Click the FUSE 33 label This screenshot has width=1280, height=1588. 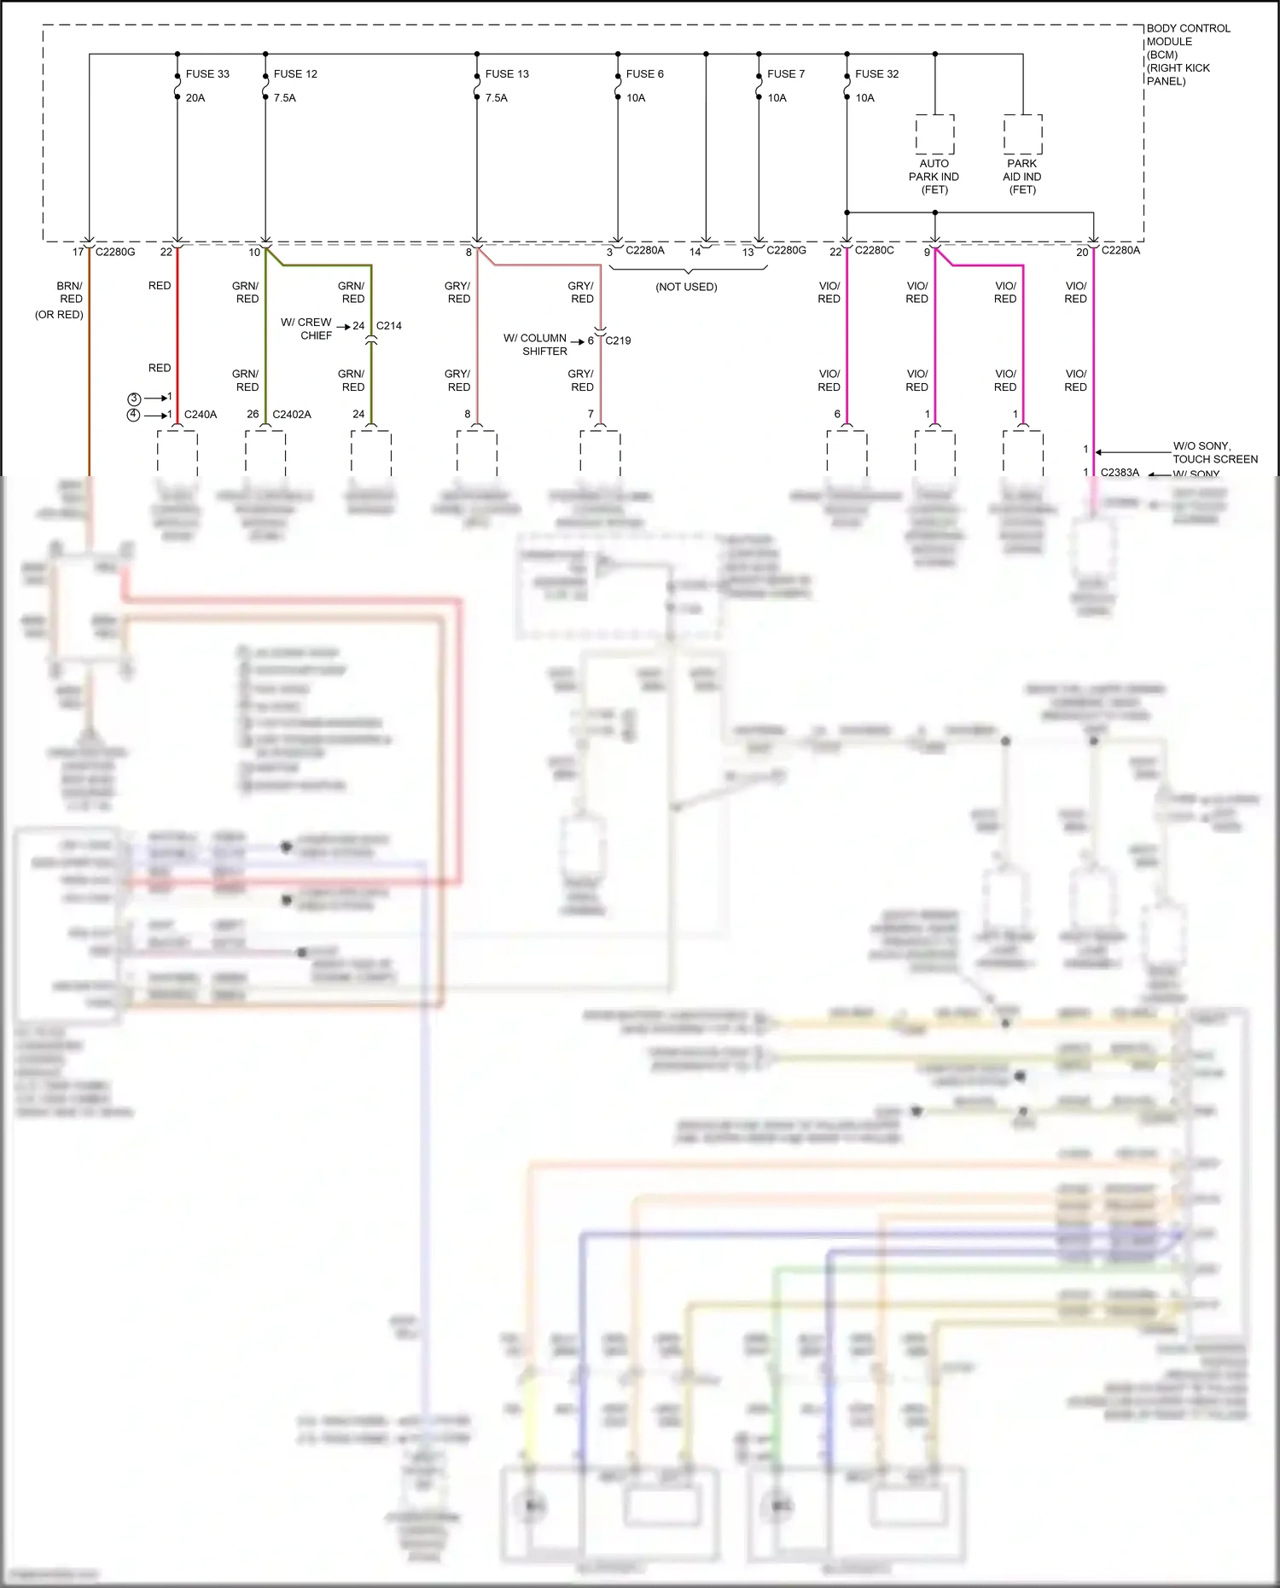coord(207,74)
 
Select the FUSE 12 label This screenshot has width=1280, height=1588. coord(295,74)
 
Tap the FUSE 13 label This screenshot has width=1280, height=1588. coord(507,74)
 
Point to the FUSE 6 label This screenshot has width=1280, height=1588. coord(644,74)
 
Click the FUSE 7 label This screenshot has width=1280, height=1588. coord(785,74)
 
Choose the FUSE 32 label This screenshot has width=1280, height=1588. coord(876,74)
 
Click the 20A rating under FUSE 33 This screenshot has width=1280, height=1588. coord(195,98)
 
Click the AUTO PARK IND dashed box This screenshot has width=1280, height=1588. coord(934,134)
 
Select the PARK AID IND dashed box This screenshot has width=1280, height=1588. coord(1022,134)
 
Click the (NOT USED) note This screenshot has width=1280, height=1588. coord(686,287)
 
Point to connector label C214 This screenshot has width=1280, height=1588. coord(388,326)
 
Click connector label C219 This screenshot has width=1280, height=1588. coord(618,340)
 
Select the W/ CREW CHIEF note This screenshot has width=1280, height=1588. coord(306,329)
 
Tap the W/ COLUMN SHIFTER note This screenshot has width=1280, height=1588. coord(535,345)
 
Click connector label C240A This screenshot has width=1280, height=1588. coord(201,415)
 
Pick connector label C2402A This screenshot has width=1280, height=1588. coord(292,415)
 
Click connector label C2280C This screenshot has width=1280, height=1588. coord(875,250)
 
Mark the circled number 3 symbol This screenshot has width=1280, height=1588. coord(134,398)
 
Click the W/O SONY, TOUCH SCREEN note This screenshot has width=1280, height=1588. coord(1214,452)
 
